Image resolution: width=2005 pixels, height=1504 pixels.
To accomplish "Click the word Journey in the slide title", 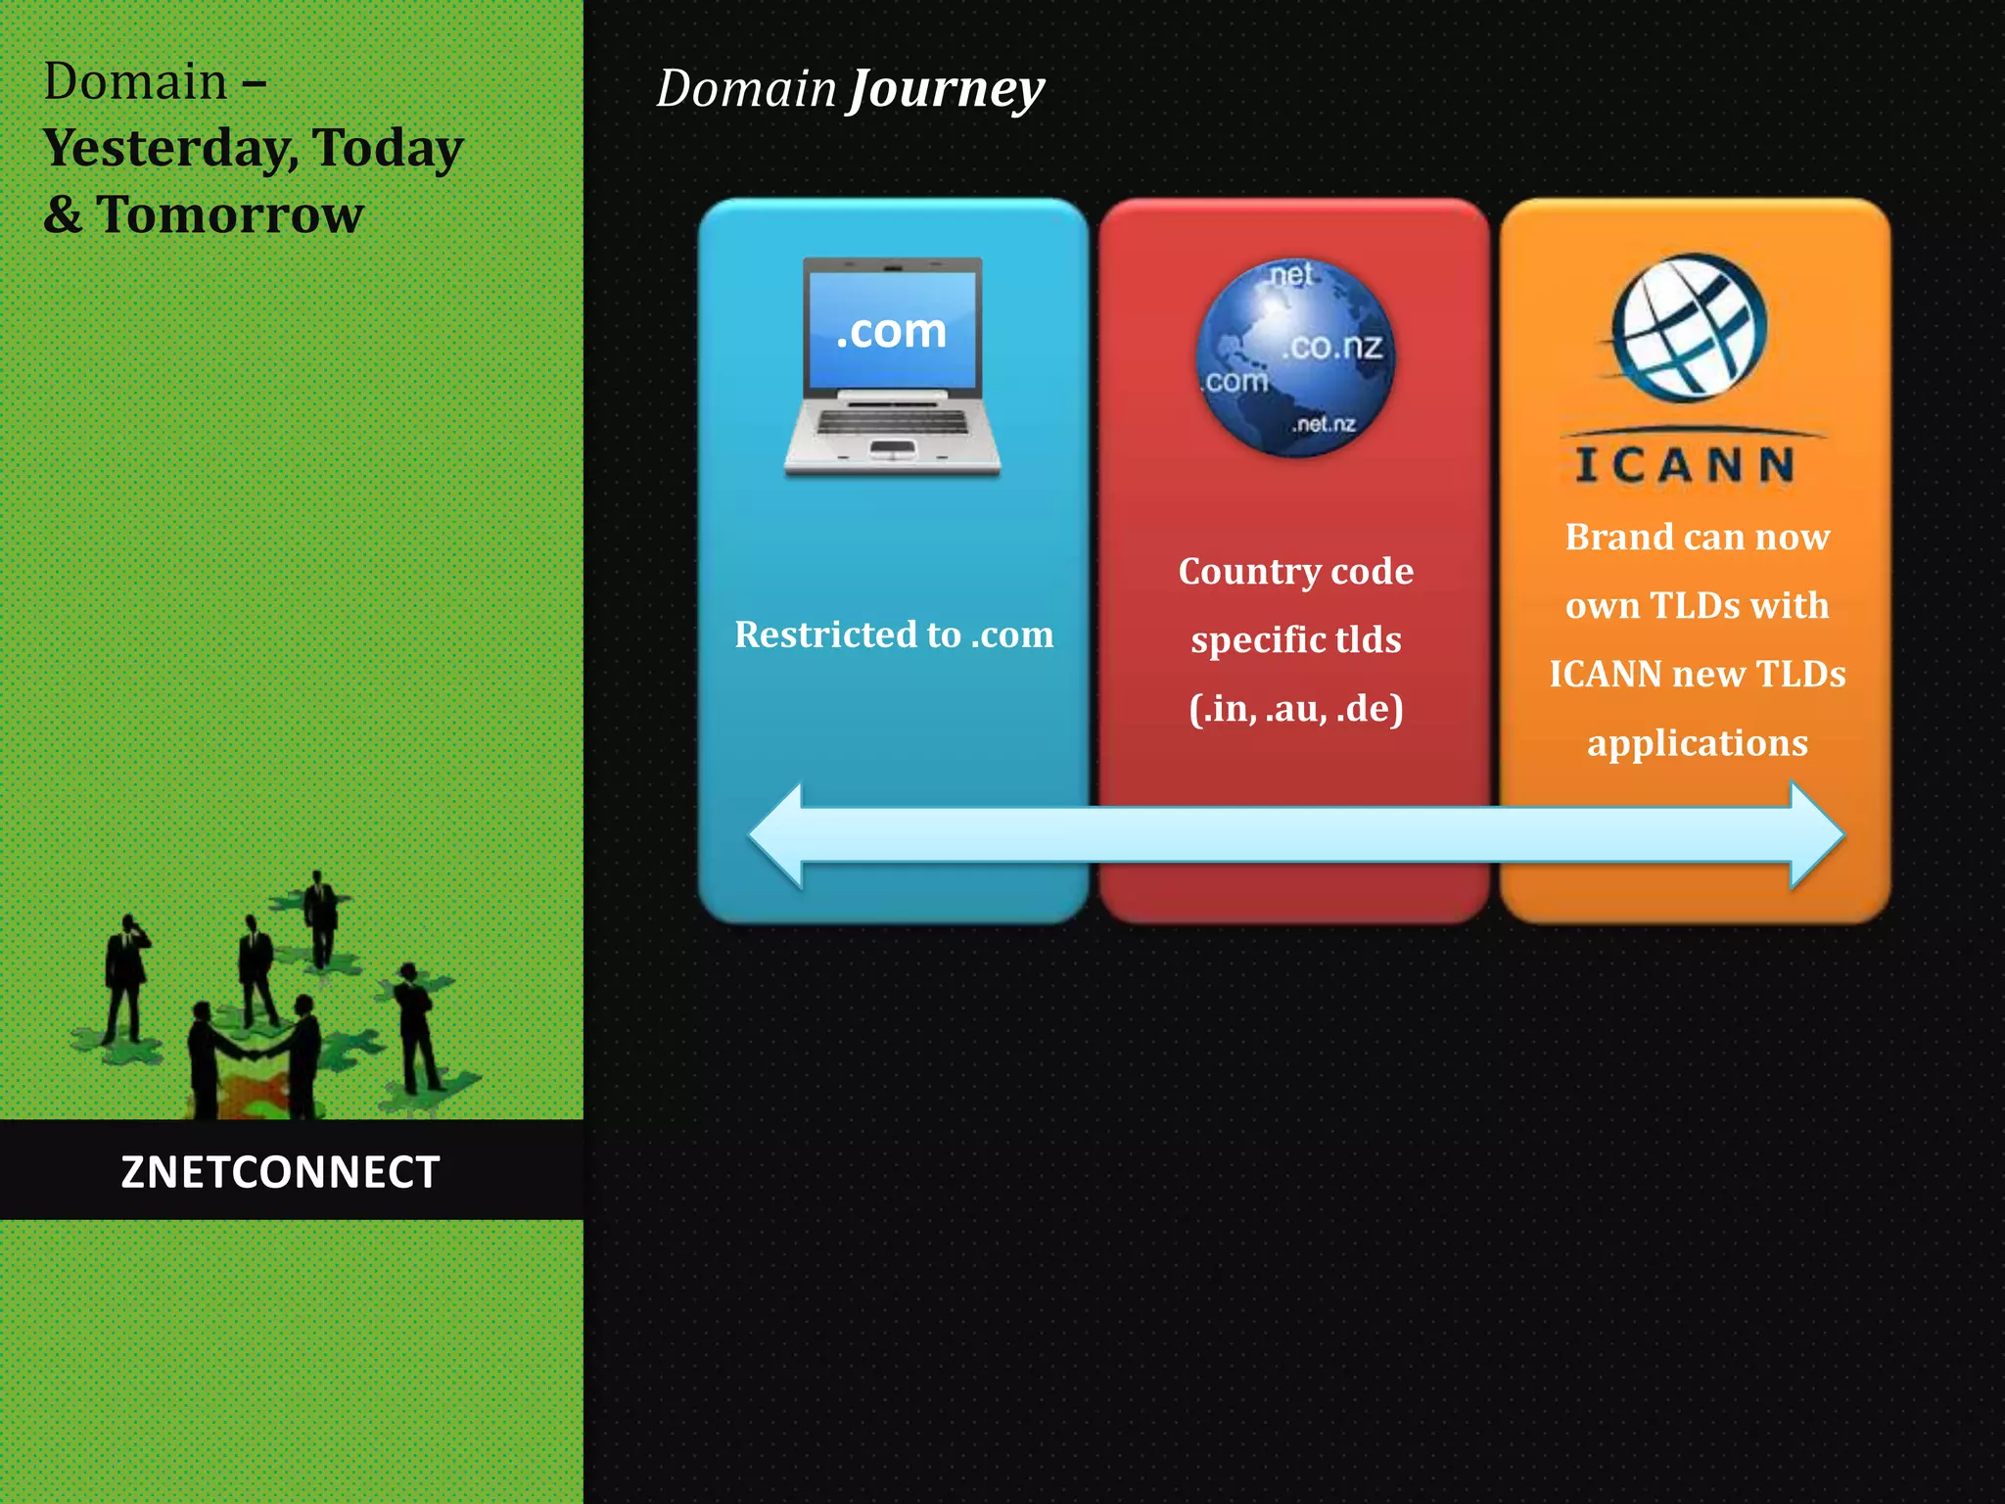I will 947,90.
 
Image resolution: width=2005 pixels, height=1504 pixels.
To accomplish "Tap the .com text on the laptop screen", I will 891,331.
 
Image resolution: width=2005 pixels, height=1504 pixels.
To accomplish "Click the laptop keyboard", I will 892,422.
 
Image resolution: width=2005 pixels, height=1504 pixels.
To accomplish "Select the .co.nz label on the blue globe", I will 1332,347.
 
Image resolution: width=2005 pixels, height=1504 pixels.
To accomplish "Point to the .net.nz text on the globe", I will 1324,424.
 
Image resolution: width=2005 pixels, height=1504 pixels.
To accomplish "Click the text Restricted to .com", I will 894,634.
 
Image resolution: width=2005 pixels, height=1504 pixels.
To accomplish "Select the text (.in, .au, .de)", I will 1295,708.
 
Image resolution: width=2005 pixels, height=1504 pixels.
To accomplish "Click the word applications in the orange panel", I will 1697,743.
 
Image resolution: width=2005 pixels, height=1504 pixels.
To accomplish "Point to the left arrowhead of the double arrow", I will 778,835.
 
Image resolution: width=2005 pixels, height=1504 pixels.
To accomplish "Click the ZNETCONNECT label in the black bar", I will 280,1172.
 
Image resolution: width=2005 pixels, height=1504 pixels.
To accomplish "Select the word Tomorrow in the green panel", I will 230,214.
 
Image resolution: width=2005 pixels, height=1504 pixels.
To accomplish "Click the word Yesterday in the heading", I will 166,149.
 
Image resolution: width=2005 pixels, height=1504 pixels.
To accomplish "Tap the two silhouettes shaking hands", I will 255,1057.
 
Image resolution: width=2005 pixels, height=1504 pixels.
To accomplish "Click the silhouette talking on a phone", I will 126,979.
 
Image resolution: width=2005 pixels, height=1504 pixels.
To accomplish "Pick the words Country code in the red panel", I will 1295,571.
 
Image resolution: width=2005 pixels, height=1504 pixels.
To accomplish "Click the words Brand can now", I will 1697,537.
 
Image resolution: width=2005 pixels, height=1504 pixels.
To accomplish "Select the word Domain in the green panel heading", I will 135,81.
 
